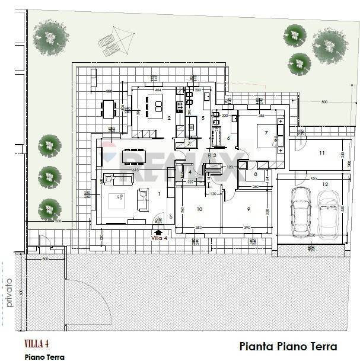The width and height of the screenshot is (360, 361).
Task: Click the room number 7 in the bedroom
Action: point(266,133)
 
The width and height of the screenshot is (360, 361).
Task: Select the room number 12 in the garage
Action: point(324,184)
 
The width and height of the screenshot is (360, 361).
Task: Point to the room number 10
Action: point(199,209)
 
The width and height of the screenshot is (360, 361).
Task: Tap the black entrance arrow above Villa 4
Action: point(158,232)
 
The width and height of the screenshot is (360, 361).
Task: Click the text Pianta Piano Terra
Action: point(288,346)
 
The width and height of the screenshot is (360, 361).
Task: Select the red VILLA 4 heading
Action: point(37,344)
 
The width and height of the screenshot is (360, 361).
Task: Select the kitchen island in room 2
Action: point(158,106)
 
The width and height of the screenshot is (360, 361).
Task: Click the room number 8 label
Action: point(255,174)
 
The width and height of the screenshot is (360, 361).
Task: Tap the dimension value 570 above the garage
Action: point(313,178)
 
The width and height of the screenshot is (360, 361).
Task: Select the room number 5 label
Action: point(202,118)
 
